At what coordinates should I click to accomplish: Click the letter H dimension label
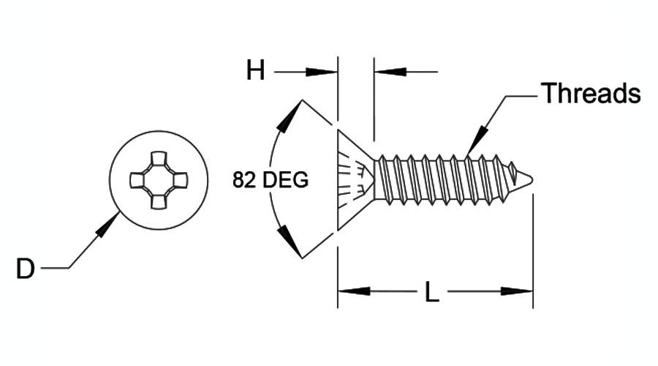[255, 70]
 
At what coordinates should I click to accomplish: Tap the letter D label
[25, 269]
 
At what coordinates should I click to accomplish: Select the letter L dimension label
[432, 292]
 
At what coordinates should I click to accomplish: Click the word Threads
[591, 93]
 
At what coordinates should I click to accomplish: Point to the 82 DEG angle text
[271, 180]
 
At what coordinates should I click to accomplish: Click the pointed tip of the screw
[532, 180]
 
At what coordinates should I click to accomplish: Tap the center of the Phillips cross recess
[159, 180]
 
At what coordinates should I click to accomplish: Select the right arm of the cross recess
[180, 180]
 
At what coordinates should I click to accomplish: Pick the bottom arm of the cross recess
[159, 202]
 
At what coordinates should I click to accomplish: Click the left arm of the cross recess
[137, 180]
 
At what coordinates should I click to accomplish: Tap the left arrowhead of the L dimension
[354, 291]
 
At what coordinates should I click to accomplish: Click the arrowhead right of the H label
[322, 72]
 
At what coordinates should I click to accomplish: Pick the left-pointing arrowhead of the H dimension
[390, 72]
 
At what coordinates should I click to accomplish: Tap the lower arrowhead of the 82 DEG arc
[290, 242]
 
